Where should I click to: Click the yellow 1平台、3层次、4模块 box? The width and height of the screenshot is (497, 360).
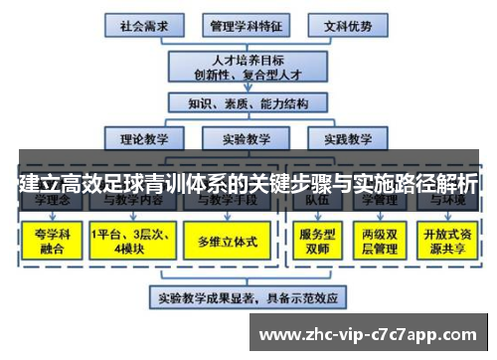tap(130, 242)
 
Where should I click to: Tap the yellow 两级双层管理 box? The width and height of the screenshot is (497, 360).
tap(380, 242)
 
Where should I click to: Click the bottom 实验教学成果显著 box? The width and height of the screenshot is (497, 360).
tap(248, 296)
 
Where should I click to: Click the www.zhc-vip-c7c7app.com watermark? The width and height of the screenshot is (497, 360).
tap(372, 332)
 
